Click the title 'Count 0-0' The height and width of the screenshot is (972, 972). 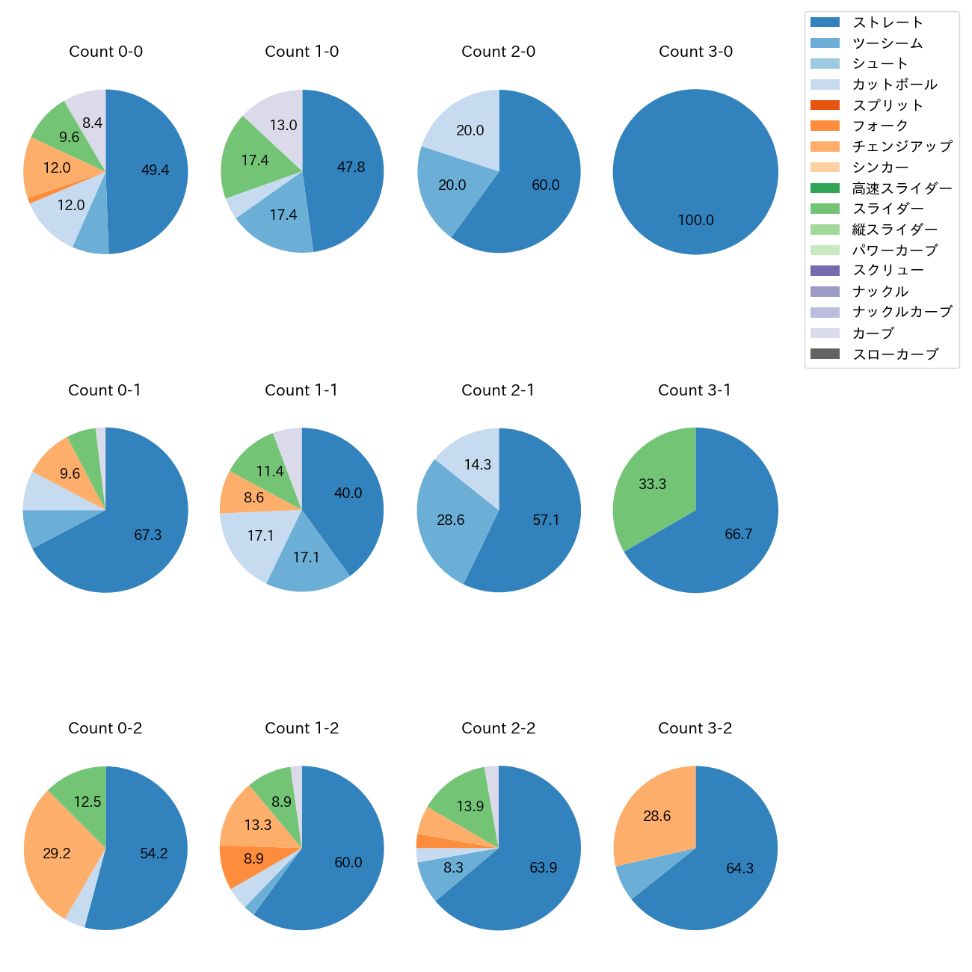click(x=105, y=52)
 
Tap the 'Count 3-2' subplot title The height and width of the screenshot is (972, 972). click(x=695, y=728)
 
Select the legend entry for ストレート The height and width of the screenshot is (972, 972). click(x=888, y=22)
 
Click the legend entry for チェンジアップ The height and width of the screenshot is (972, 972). click(x=902, y=147)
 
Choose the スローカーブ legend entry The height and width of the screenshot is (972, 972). click(x=895, y=354)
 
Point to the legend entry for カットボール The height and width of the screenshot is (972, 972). click(x=894, y=84)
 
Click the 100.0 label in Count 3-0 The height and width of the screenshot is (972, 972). click(x=695, y=220)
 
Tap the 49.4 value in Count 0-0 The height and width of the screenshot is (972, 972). click(x=155, y=170)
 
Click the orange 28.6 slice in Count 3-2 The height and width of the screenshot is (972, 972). click(x=656, y=816)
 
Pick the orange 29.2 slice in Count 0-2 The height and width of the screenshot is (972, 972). click(x=57, y=853)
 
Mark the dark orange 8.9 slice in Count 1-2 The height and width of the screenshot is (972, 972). click(x=253, y=858)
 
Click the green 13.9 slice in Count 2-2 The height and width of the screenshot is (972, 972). click(x=470, y=806)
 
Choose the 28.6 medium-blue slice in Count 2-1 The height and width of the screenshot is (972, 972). click(x=450, y=520)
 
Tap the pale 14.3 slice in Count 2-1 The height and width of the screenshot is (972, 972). click(x=477, y=464)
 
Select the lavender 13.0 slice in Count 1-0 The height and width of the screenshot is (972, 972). click(x=283, y=125)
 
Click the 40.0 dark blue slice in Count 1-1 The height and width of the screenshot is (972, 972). click(x=348, y=493)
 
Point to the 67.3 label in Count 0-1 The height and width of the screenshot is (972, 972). click(x=147, y=535)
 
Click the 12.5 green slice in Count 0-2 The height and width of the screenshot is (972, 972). click(x=87, y=802)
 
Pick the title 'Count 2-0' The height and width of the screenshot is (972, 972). click(x=498, y=52)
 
